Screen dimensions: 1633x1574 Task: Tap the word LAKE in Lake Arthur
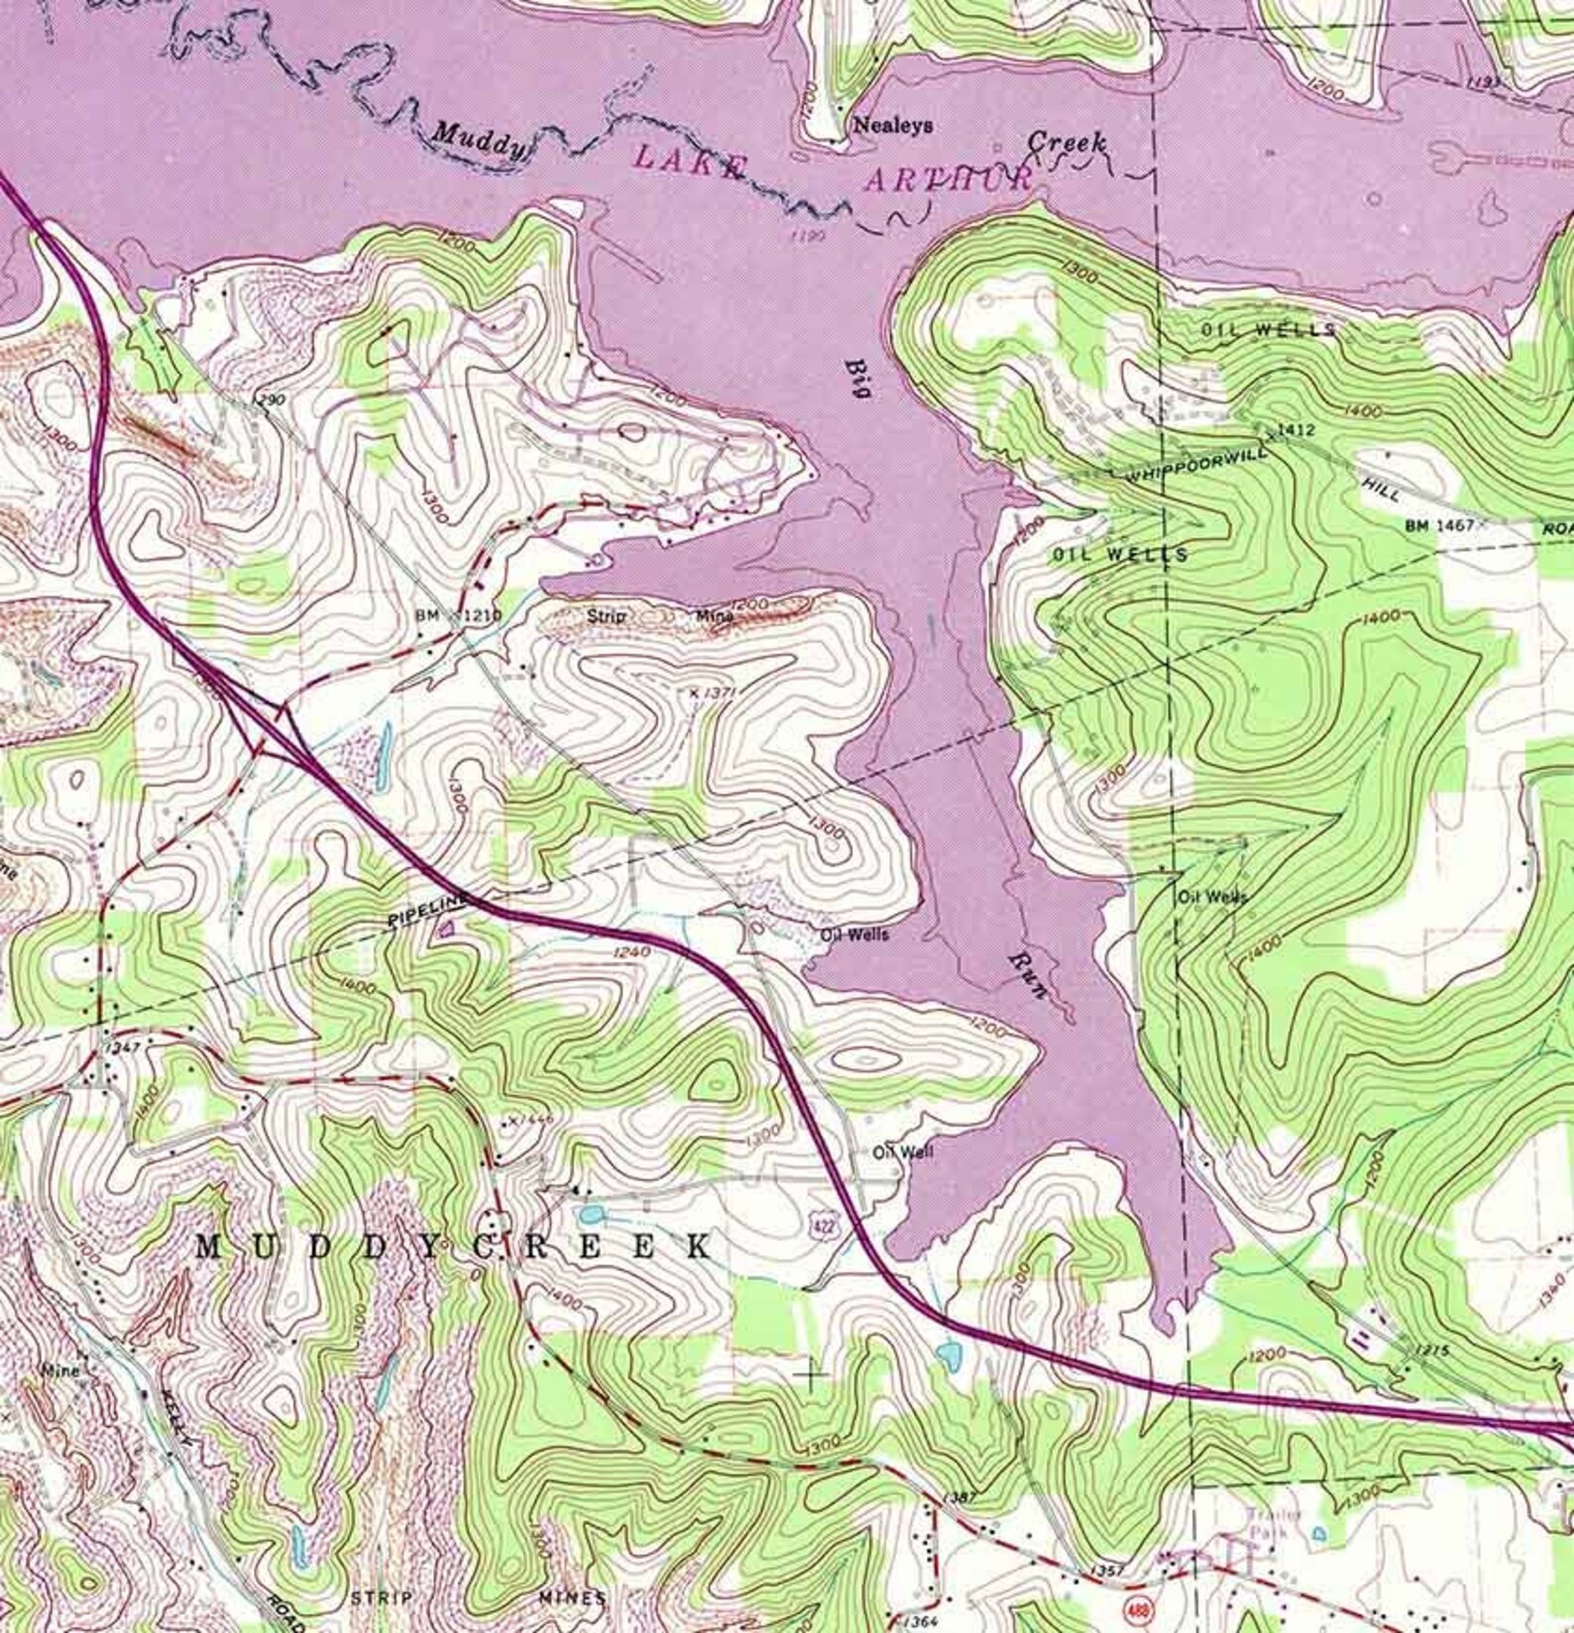point(688,161)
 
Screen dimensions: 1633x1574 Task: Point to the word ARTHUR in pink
point(949,179)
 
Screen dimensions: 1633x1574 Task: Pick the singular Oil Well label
point(902,1151)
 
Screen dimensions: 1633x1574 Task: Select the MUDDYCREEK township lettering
point(453,1247)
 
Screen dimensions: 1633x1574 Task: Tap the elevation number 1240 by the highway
point(631,952)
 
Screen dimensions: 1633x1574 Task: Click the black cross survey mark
point(812,1374)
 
